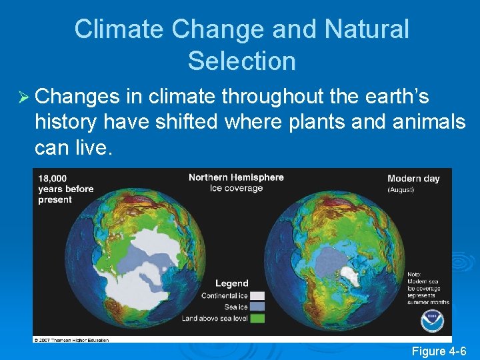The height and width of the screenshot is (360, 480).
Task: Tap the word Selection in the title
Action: (x=241, y=61)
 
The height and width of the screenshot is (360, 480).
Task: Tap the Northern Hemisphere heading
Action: (x=236, y=177)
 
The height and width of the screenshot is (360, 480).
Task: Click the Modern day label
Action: (x=413, y=179)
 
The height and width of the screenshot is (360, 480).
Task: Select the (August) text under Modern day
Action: (x=401, y=190)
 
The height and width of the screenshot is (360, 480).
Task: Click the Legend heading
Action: (x=231, y=283)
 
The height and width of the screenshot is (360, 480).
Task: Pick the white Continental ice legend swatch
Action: (x=257, y=295)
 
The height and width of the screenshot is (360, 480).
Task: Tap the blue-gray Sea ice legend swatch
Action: (x=257, y=307)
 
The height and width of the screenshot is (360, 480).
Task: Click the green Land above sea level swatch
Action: (x=257, y=318)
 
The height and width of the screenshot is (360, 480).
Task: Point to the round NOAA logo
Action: (x=432, y=321)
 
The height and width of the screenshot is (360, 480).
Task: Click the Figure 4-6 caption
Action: (x=439, y=351)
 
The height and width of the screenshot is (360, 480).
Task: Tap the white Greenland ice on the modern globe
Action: (x=349, y=276)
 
